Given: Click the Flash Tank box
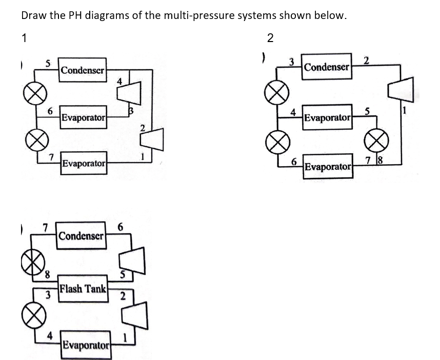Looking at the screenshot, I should point(83,288).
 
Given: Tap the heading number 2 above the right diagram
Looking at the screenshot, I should point(270,37).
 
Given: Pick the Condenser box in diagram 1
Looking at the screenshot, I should point(83,70).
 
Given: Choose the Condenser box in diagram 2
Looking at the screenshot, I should point(327,67).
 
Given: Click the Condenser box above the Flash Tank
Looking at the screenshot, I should point(82,236).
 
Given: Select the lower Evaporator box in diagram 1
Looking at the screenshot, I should point(84,163).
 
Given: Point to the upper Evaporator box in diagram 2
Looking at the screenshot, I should point(327,118).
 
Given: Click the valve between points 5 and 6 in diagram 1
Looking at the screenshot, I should point(31,96).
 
